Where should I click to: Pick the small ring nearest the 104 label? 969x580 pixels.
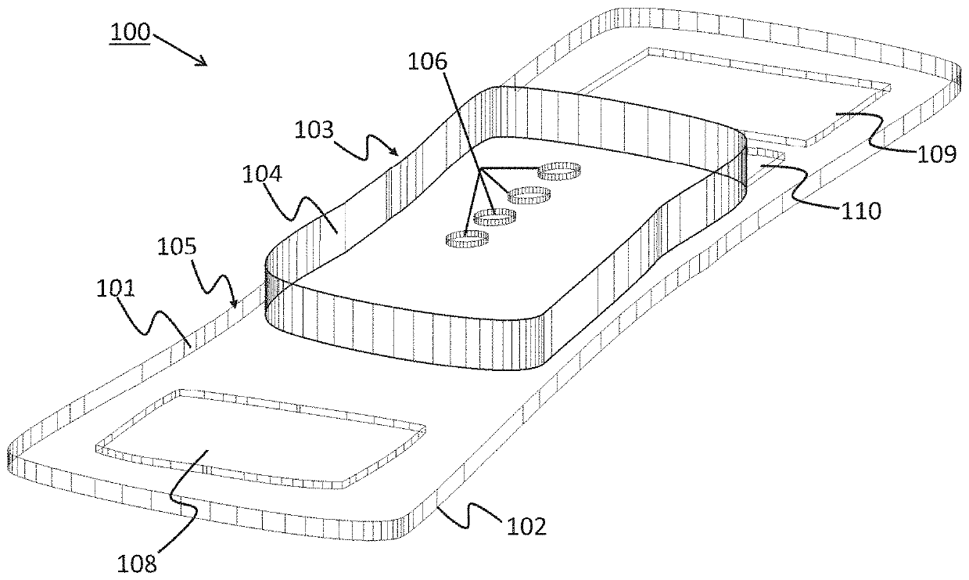coord(466,238)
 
